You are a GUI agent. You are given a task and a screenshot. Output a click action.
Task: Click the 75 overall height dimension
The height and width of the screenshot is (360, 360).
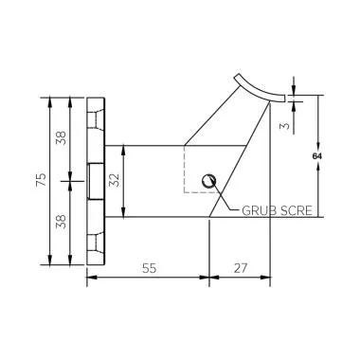point(40,180)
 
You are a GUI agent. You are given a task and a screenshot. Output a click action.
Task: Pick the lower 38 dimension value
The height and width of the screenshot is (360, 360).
point(62,222)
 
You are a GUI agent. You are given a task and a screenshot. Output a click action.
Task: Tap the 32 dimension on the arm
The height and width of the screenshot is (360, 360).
point(116,180)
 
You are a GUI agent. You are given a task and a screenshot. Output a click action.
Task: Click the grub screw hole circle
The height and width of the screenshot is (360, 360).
point(211,179)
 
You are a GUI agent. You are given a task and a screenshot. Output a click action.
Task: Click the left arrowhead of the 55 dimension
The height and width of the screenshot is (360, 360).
point(91,278)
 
